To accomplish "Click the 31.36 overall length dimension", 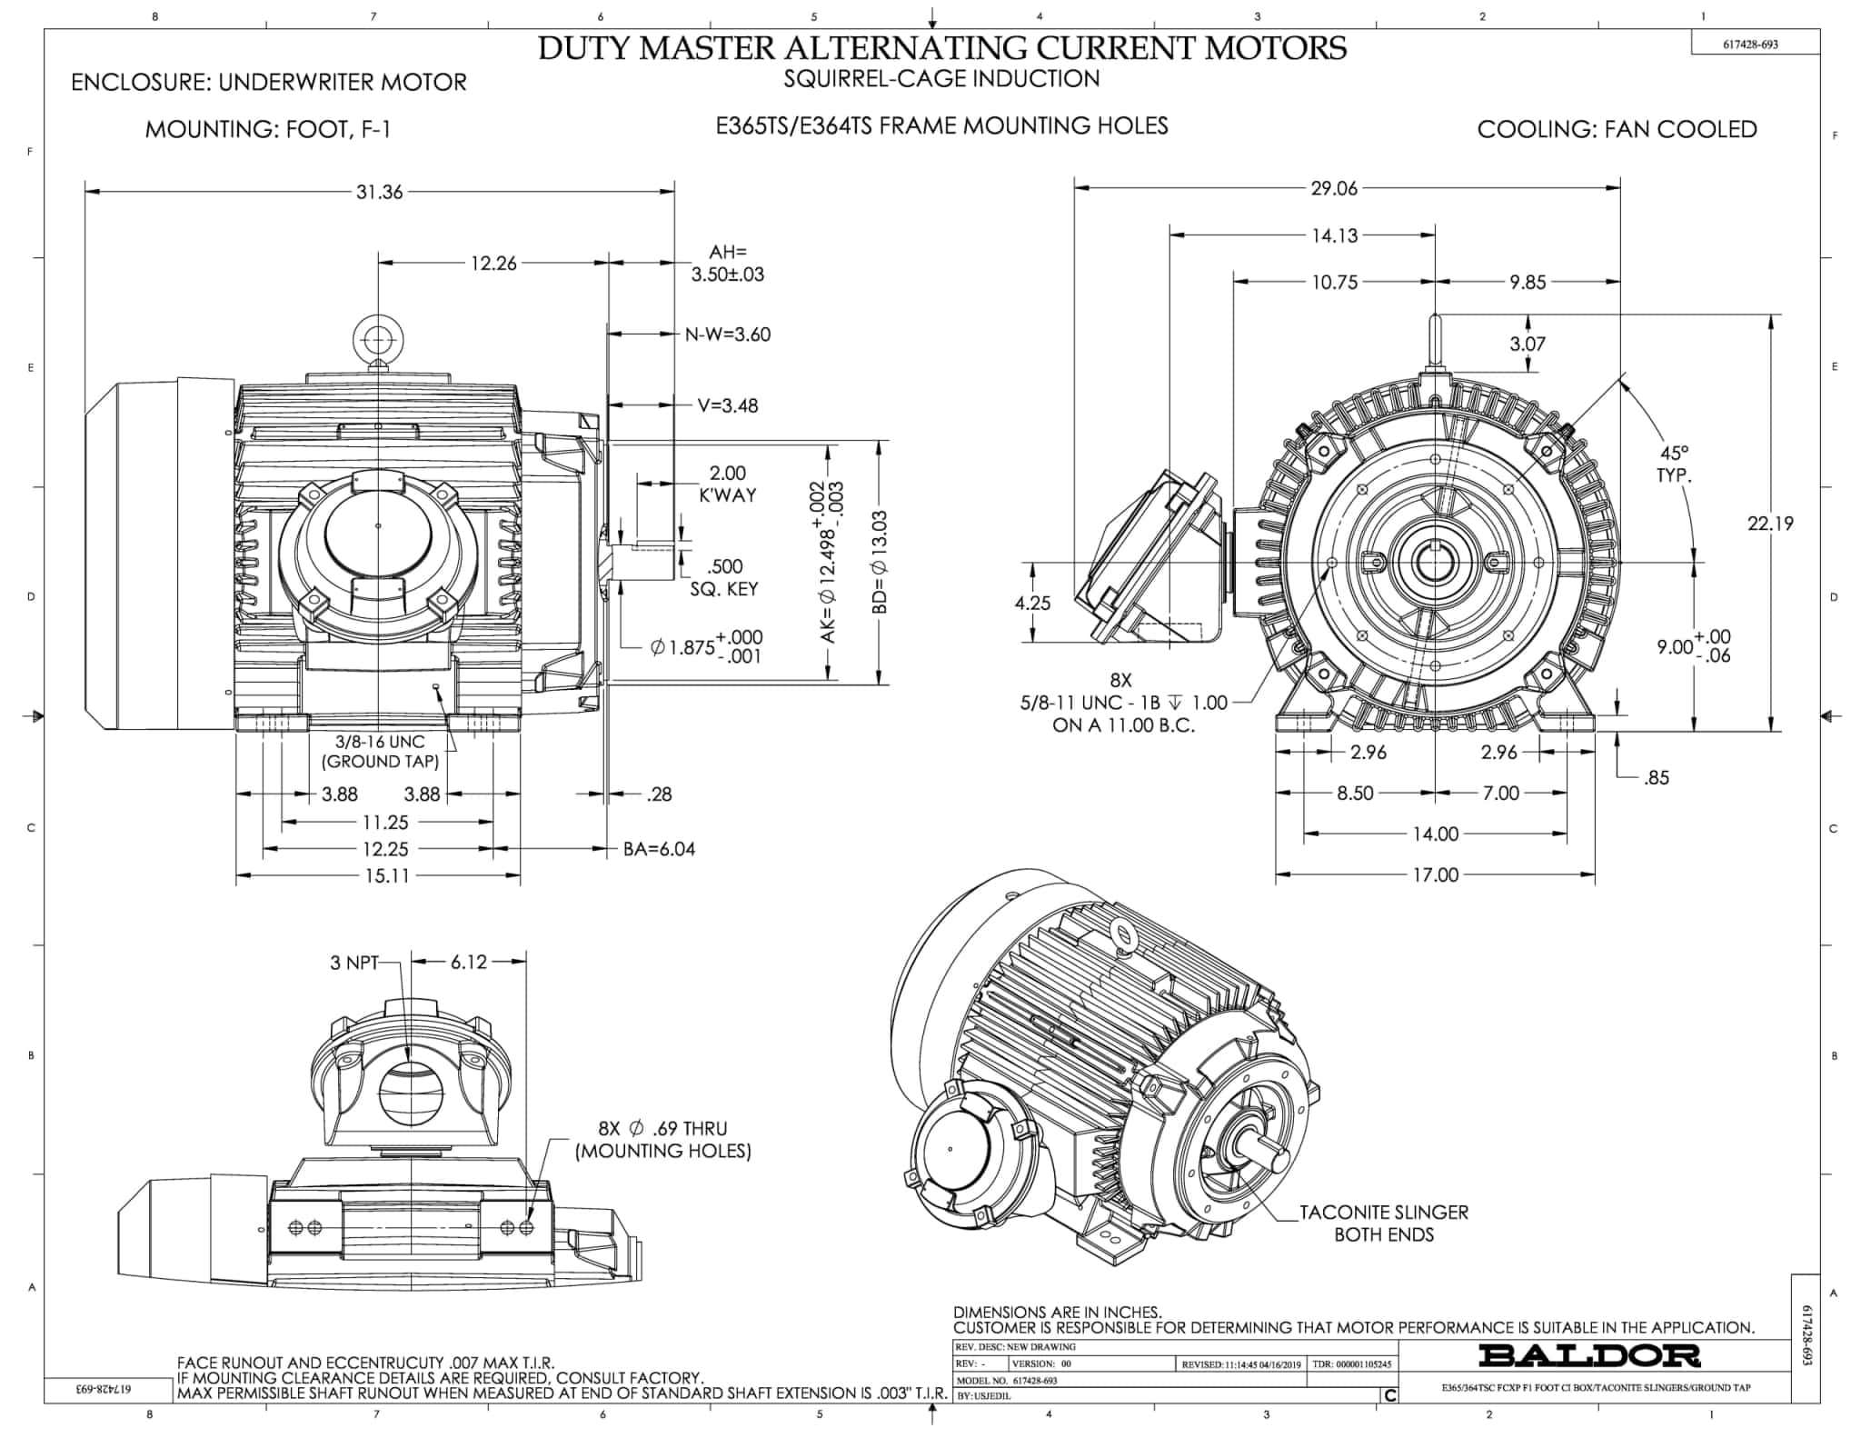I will (x=379, y=192).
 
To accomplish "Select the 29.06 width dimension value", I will (x=1333, y=188).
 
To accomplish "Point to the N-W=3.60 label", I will (x=727, y=335).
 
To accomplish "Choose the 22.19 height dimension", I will (x=1771, y=524).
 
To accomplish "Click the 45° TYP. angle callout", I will (x=1674, y=464).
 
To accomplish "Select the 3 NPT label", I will (x=353, y=963).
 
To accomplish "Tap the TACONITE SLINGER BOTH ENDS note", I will (x=1383, y=1223).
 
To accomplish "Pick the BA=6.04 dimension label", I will (x=659, y=849).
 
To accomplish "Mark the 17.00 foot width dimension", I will (x=1435, y=874).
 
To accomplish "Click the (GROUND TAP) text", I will (x=381, y=762).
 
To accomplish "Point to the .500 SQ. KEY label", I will (x=724, y=577).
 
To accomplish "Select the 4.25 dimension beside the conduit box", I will (x=1032, y=603).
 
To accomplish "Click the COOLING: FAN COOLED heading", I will (x=1617, y=129).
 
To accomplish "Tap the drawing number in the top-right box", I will (x=1750, y=44).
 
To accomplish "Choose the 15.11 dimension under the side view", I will (x=387, y=875).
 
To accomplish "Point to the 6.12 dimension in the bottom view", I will (x=469, y=962).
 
